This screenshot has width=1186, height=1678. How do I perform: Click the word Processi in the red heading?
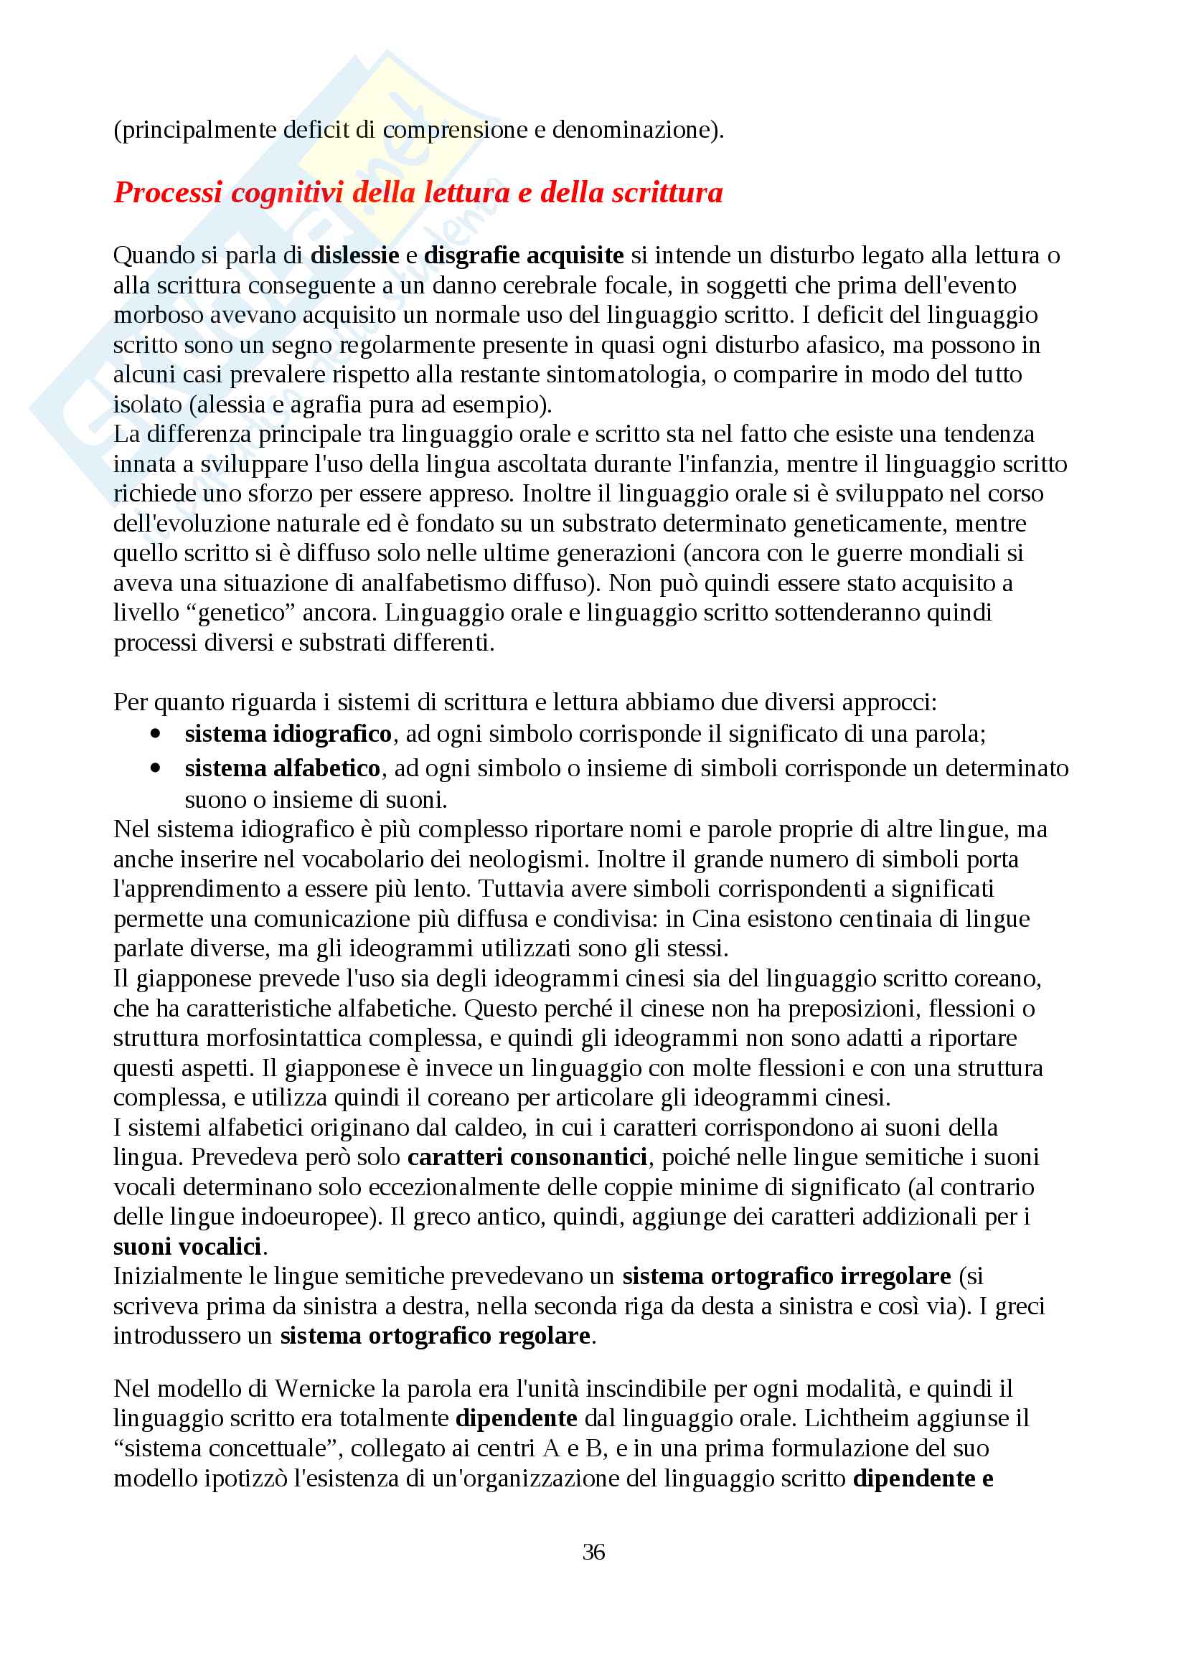click(168, 193)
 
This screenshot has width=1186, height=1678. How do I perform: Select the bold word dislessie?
click(354, 255)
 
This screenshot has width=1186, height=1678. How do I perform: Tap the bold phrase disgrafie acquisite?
click(523, 255)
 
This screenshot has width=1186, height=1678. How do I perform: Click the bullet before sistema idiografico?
click(155, 733)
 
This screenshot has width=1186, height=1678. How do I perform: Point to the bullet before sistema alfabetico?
click(155, 768)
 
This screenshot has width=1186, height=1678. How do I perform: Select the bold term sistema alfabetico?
click(282, 768)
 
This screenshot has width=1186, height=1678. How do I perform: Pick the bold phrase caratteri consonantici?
click(527, 1157)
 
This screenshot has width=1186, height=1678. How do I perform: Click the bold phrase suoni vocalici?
click(187, 1246)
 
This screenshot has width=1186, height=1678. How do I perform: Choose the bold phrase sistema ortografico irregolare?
click(786, 1276)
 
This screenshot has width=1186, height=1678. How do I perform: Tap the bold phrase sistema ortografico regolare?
click(435, 1335)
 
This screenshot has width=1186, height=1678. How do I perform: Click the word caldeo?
click(488, 1128)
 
